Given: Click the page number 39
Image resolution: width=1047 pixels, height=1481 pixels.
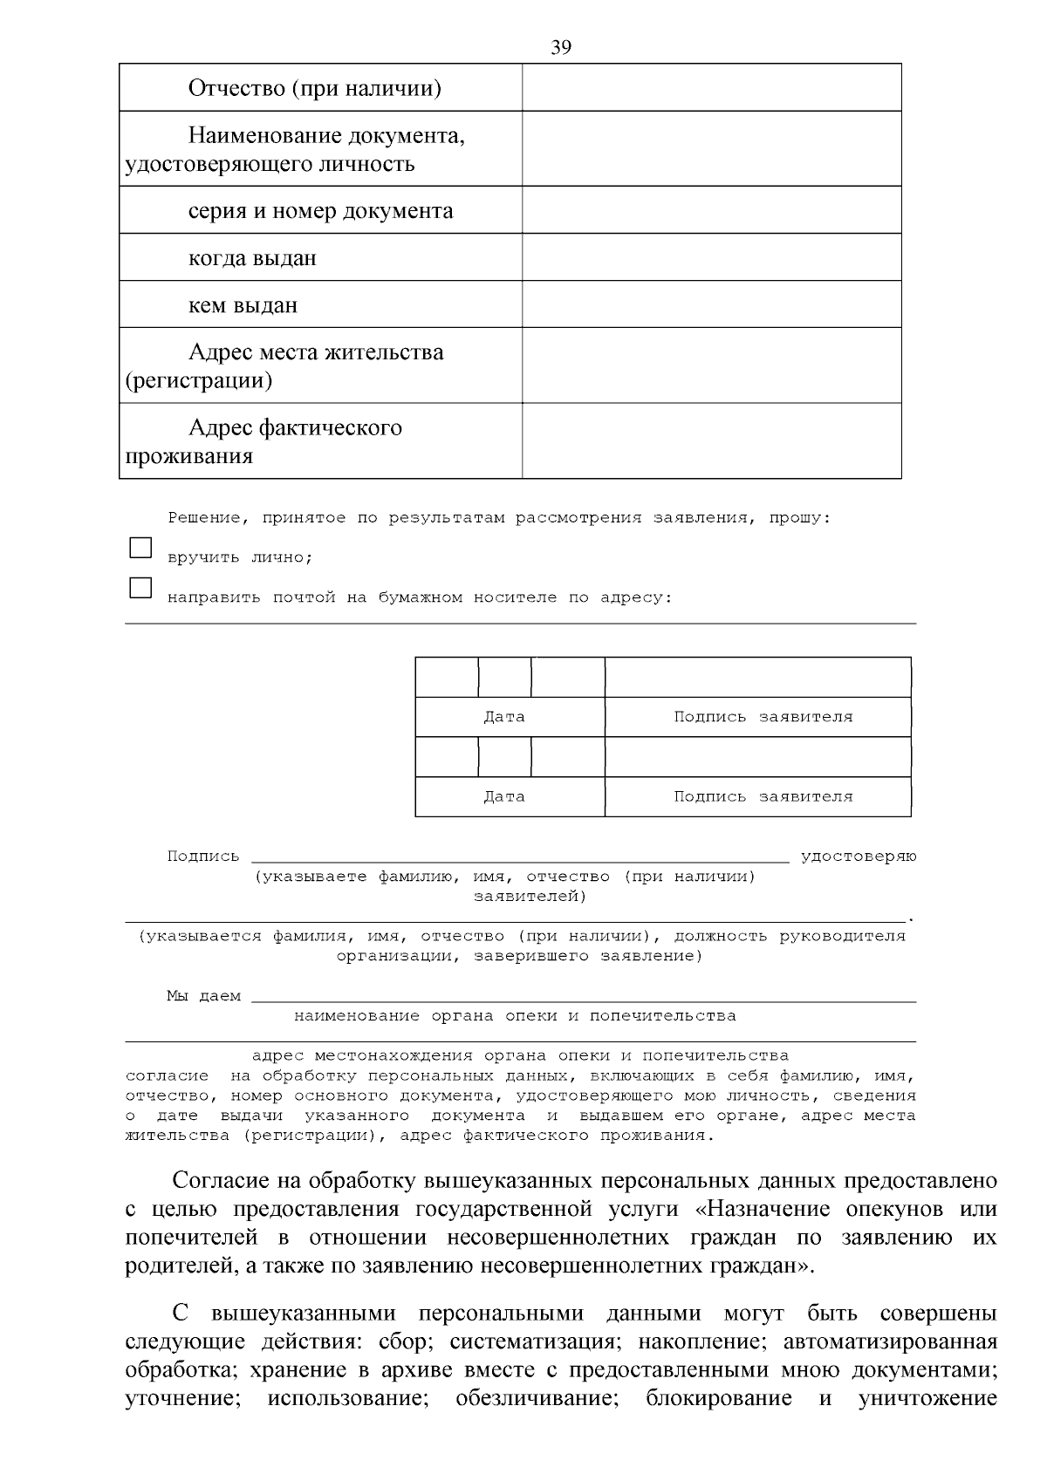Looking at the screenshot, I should (561, 48).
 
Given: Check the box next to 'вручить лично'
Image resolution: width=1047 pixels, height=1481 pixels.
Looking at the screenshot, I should (140, 548).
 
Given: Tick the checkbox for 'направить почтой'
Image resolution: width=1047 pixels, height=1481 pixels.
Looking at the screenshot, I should (140, 588).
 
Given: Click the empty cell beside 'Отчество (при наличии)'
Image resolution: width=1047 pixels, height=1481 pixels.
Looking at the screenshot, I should (711, 87).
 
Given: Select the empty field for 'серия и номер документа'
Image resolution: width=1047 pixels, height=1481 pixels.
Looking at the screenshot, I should (711, 210).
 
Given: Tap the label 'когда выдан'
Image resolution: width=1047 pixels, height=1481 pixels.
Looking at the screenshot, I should (252, 258).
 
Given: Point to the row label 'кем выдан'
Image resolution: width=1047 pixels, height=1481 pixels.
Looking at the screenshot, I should (243, 305).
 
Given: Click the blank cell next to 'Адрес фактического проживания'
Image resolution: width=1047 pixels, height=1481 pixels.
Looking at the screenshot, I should (711, 440).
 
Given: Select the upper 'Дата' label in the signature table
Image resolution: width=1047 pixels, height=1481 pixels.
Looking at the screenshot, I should (504, 717).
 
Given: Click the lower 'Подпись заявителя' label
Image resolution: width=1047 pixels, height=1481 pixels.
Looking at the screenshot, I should (763, 796).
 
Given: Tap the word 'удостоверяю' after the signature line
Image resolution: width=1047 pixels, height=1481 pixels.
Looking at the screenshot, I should (859, 857).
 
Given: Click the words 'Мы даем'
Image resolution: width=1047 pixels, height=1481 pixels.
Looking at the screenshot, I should (203, 996).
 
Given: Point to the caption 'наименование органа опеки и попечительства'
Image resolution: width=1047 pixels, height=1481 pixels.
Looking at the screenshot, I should (515, 1016).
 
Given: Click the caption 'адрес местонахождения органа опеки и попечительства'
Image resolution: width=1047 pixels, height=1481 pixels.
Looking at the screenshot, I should (520, 1056).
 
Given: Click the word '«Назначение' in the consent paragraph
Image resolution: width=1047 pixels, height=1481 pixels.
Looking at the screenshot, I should (760, 1210).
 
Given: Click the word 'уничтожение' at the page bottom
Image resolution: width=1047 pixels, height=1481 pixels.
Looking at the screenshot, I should (927, 1399).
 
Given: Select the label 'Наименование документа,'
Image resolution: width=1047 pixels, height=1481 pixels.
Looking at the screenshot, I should (326, 136).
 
